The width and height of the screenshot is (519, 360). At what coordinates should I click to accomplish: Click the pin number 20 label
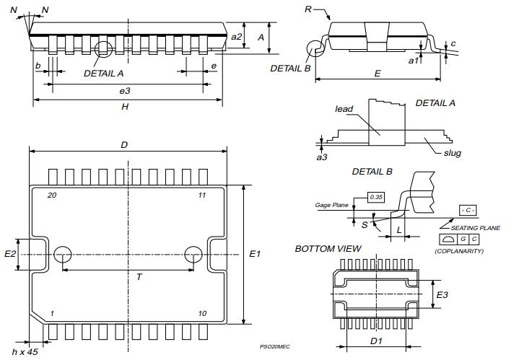(x=51, y=196)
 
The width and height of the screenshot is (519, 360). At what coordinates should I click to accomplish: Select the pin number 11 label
(x=201, y=196)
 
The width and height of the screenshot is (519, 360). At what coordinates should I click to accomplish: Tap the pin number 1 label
(x=51, y=313)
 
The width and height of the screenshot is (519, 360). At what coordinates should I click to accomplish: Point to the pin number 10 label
(x=202, y=313)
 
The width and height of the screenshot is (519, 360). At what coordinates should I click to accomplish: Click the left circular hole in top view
(x=63, y=255)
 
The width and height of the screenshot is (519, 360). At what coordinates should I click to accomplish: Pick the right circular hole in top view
(x=193, y=255)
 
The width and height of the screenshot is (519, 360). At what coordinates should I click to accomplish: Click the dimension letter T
(x=139, y=277)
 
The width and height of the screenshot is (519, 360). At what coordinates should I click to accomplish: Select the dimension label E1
(x=256, y=254)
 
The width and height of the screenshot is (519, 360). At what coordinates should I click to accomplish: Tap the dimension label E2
(x=10, y=254)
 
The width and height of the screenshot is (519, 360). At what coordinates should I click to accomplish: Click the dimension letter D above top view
(x=124, y=145)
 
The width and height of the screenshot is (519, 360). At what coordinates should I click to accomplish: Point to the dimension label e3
(x=125, y=90)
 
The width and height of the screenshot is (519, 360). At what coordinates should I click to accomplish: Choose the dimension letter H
(x=125, y=107)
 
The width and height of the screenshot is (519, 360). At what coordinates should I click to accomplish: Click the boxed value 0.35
(x=376, y=197)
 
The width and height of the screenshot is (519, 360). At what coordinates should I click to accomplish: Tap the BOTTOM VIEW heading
(x=328, y=249)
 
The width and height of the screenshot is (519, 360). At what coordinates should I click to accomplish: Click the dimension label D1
(x=375, y=341)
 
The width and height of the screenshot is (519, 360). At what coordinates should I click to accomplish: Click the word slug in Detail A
(x=453, y=153)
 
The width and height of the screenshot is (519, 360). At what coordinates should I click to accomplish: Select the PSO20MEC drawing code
(x=275, y=346)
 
